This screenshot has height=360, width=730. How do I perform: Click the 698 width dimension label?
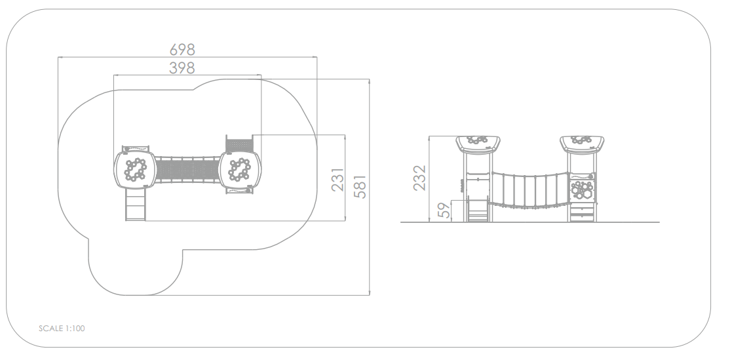pos(182,49)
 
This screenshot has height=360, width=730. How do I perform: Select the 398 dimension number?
pos(182,68)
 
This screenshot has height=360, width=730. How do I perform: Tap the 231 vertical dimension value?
pos(337,180)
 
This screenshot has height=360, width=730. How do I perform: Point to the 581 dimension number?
pos(360,187)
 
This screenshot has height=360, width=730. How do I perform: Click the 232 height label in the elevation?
pos(419,178)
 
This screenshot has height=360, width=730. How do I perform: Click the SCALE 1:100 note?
pos(62,329)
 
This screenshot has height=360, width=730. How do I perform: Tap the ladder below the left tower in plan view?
pos(136,206)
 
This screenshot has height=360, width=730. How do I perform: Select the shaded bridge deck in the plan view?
pos(187,169)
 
